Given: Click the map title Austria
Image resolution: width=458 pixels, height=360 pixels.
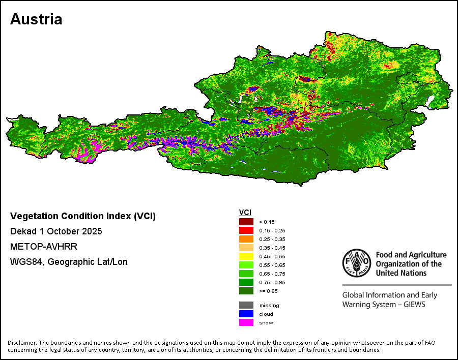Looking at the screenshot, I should point(36,19).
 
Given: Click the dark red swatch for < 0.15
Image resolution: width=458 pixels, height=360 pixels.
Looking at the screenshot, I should point(246,221).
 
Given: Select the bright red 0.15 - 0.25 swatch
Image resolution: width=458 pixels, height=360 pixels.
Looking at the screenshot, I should point(246,230).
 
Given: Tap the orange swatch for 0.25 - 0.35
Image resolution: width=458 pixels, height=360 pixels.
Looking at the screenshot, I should point(246,238).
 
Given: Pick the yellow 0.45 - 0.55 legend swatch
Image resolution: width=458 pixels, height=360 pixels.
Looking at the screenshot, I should point(246,256).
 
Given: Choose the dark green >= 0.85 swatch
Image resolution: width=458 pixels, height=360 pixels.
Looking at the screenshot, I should point(246,291).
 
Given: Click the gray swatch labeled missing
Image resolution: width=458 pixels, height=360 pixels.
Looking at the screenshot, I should point(246,305).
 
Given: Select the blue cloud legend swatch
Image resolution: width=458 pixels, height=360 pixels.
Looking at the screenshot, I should point(246,314).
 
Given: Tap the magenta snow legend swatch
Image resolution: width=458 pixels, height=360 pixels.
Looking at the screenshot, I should point(246,322).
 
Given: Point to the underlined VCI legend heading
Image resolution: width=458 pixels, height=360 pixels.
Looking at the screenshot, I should point(245,212).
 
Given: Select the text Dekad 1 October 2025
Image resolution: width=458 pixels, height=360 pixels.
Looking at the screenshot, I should point(56,231).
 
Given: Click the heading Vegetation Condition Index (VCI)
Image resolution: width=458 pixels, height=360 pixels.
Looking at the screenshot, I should point(83,216).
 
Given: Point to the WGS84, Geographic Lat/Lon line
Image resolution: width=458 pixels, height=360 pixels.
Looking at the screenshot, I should point(69,262).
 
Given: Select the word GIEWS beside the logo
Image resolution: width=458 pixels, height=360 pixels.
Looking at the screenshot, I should point(413,305).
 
